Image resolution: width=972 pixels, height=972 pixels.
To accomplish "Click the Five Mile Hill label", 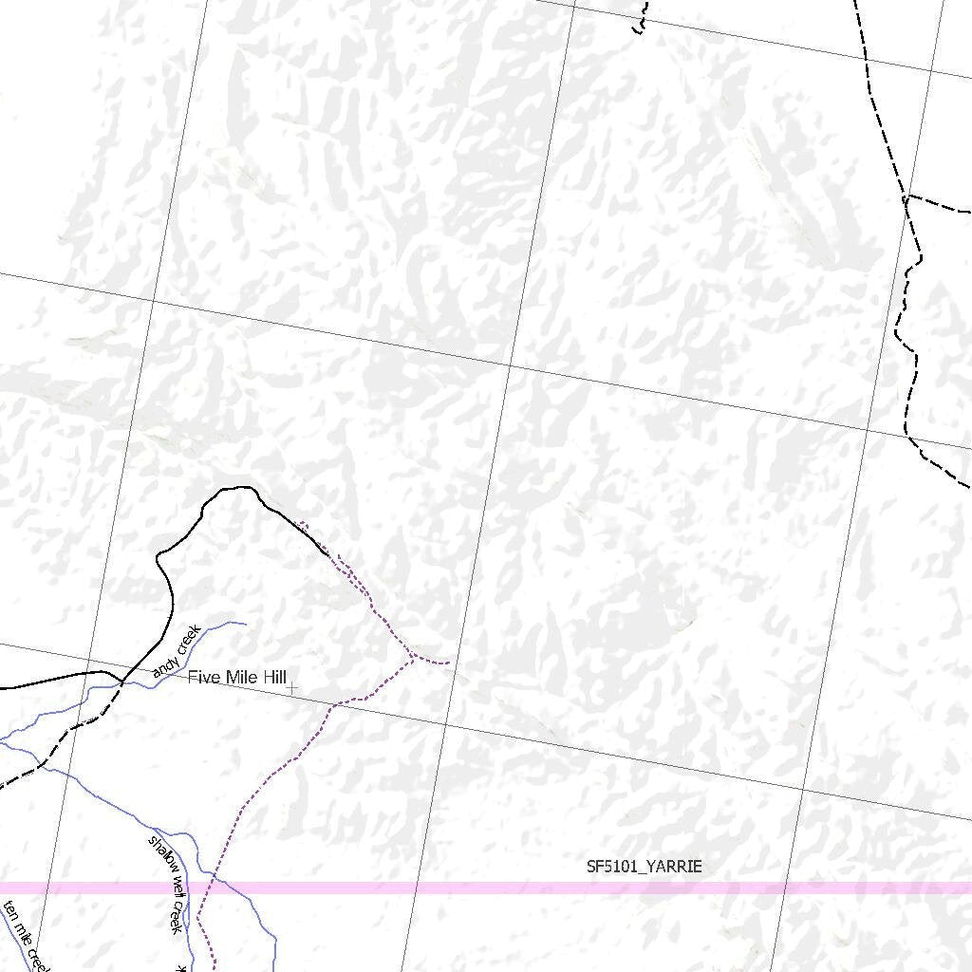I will [236, 677].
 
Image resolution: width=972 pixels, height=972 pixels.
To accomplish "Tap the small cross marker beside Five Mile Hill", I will [292, 687].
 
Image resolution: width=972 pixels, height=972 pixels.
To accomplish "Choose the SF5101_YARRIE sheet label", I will [644, 867].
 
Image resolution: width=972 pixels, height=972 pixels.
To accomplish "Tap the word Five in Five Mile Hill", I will [202, 677].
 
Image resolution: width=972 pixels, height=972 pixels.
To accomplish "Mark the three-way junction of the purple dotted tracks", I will [412, 656].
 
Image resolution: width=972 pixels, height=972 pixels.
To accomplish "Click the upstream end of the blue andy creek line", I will [246, 624].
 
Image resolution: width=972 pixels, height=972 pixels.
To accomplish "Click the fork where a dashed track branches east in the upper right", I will [907, 196].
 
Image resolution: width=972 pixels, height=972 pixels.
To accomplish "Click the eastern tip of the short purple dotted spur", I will [449, 661].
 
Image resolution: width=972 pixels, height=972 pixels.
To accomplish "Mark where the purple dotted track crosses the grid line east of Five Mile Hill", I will [336, 703].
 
